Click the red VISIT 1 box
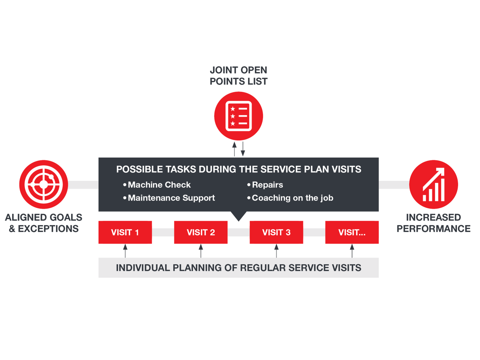(125, 232)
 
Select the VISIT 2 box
(201, 232)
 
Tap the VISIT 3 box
(276, 232)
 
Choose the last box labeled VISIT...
(352, 232)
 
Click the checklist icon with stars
(239, 116)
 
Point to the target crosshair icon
(43, 184)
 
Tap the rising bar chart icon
(434, 184)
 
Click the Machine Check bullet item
(157, 185)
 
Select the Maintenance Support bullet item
(169, 198)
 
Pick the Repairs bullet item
(265, 185)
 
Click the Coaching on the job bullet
(290, 198)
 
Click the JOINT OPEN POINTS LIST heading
(239, 75)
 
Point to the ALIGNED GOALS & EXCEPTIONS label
(43, 223)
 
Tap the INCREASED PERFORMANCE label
(434, 223)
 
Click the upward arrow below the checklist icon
(234, 149)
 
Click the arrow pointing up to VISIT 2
(201, 251)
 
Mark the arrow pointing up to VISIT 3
(276, 251)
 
